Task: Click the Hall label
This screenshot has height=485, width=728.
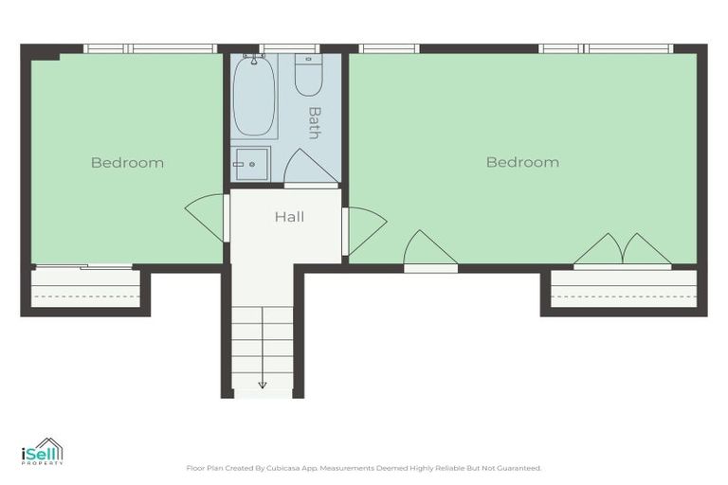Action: [x=289, y=217]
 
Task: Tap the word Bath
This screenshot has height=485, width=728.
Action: [x=314, y=122]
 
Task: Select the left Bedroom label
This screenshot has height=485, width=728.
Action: [x=127, y=163]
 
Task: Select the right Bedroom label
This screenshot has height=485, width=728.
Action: [x=522, y=163]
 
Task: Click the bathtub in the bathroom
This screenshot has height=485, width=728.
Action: [x=254, y=97]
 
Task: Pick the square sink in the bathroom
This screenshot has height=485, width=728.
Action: [x=251, y=164]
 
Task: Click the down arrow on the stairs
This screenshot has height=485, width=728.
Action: [x=263, y=384]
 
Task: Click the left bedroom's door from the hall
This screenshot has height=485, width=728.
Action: [x=207, y=217]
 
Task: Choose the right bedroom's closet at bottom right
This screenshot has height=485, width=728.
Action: [x=624, y=289]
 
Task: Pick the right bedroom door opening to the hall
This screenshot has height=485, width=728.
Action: [x=365, y=230]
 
